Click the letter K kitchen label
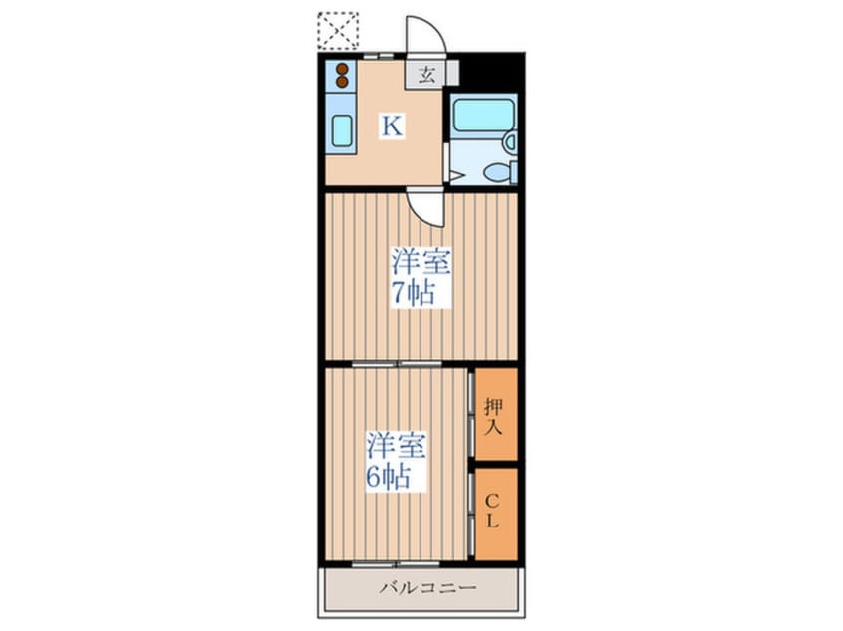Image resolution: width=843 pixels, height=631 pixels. (x=392, y=127)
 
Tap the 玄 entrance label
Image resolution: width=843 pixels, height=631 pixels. (x=426, y=74)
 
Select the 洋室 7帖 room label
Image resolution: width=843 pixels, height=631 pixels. (x=420, y=277)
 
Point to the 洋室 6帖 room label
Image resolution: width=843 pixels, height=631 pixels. (x=397, y=460)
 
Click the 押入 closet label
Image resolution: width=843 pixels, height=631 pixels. (x=493, y=416)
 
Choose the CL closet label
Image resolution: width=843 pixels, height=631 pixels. (x=492, y=512)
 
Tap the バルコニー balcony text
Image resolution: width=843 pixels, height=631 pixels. (x=428, y=587)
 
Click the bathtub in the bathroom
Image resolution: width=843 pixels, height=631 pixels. (x=483, y=113)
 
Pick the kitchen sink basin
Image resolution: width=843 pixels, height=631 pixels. (x=342, y=131)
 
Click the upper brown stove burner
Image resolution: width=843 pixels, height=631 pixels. (x=342, y=70)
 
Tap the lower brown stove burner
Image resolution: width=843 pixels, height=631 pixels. (x=342, y=82)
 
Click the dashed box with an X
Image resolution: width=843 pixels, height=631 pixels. (x=338, y=31)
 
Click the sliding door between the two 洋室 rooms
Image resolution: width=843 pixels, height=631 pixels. (x=397, y=364)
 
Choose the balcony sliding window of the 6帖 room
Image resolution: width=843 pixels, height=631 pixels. (x=396, y=564)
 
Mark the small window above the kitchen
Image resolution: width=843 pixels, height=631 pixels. (x=378, y=56)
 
